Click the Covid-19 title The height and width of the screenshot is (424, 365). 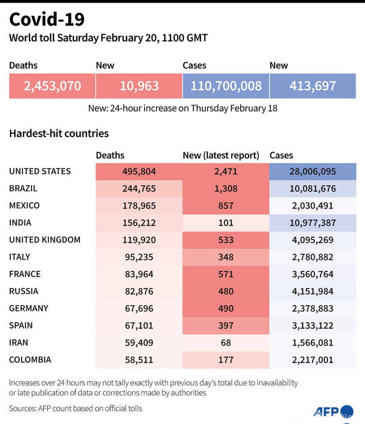(x=47, y=19)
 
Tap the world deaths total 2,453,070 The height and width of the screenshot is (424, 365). (x=52, y=85)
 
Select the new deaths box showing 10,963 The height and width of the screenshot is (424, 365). (x=139, y=85)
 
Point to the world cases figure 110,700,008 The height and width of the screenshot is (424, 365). (x=226, y=85)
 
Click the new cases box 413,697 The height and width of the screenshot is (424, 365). (x=313, y=85)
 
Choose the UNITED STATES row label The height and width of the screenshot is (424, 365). (x=40, y=171)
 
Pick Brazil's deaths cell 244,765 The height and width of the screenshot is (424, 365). (x=139, y=189)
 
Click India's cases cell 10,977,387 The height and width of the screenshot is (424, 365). (x=313, y=223)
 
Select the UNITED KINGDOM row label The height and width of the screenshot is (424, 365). (x=45, y=240)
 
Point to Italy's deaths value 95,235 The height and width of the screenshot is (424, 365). (x=139, y=257)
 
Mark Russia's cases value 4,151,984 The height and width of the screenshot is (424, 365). (x=313, y=291)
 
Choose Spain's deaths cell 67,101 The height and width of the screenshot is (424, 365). (x=139, y=326)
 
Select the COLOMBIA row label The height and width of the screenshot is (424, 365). (x=30, y=360)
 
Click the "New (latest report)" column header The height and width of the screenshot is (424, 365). (x=221, y=156)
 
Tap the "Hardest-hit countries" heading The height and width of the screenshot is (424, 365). (x=59, y=134)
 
